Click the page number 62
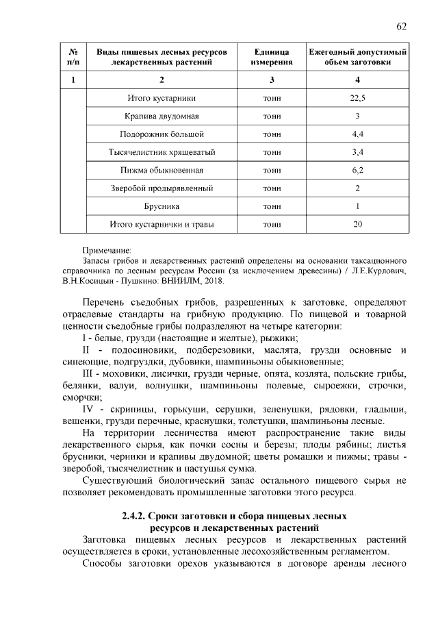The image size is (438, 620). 402,26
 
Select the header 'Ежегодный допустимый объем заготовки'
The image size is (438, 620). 358,58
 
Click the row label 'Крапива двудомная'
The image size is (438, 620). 162,116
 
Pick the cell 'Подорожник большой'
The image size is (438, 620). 162,134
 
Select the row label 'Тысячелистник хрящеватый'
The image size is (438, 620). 162,152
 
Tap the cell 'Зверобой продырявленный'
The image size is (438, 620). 162,188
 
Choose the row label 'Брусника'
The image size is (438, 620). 162,206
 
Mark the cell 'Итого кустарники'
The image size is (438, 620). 162,99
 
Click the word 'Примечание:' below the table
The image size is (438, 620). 106,251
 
